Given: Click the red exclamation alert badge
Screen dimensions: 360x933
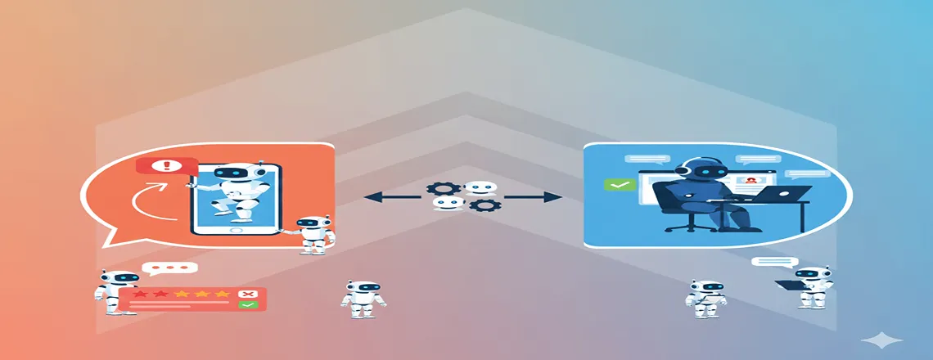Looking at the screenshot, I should [x=167, y=166].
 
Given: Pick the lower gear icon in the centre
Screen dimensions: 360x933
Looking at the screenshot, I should [x=488, y=205].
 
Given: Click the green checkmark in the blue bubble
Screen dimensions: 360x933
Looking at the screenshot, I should [x=620, y=184].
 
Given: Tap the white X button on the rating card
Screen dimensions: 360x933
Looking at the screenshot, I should [x=245, y=294].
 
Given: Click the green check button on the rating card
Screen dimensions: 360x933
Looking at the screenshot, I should [x=246, y=304].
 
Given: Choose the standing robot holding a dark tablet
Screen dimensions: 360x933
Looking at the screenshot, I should [x=809, y=286].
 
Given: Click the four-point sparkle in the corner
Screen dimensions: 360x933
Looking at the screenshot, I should [x=886, y=340].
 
